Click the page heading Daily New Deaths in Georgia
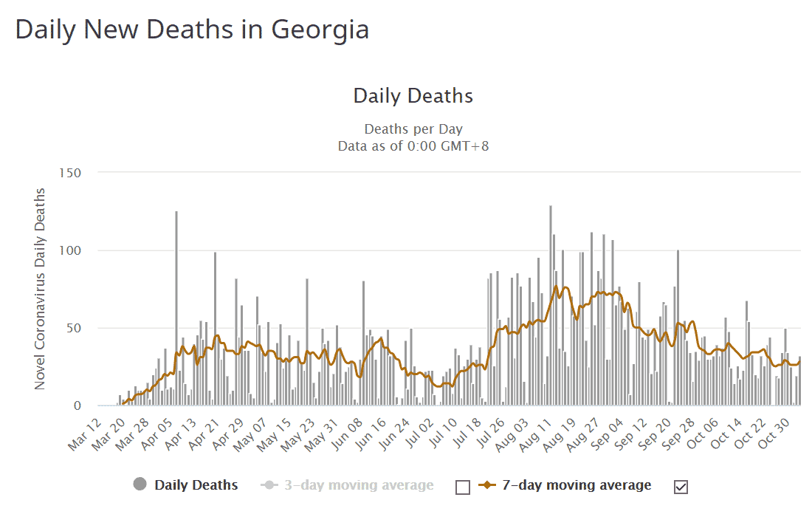click(x=192, y=30)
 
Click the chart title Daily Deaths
click(x=413, y=96)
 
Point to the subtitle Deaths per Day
click(x=413, y=129)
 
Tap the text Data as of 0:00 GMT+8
click(x=413, y=145)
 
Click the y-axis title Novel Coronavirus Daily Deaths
click(x=41, y=288)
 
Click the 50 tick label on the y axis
click(x=73, y=328)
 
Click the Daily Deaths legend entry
click(x=196, y=485)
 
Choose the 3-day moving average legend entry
click(x=359, y=485)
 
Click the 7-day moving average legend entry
click(x=577, y=485)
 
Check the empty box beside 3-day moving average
click(x=463, y=487)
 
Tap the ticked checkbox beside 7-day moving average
click(x=681, y=487)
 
